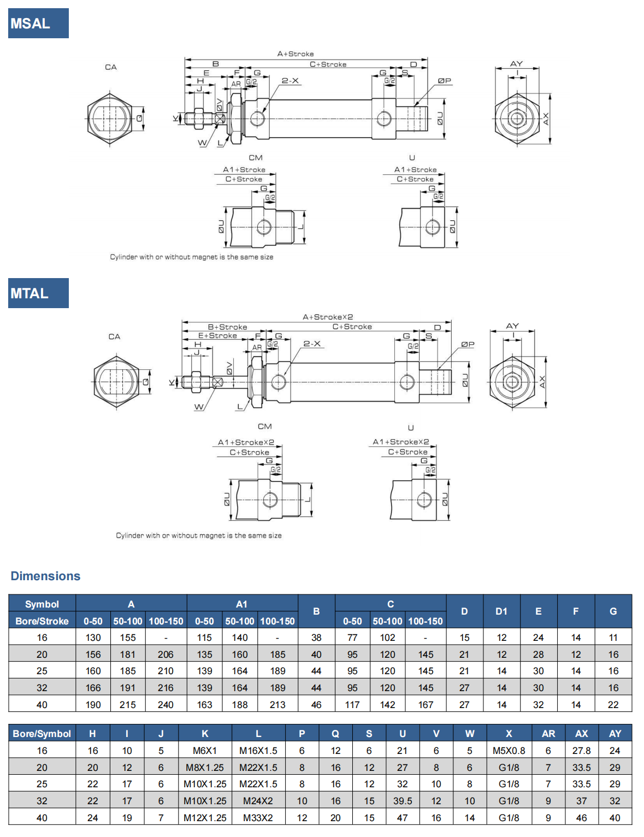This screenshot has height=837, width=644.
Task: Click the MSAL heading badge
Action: click(x=38, y=23)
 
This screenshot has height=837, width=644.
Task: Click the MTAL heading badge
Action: click(x=38, y=293)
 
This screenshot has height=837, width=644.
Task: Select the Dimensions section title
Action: click(x=45, y=576)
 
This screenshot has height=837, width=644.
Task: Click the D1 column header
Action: click(x=501, y=611)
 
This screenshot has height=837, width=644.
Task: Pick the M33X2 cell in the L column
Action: click(x=258, y=818)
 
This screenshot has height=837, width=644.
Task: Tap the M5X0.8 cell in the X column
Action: click(x=509, y=751)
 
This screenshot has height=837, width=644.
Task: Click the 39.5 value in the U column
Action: click(x=403, y=801)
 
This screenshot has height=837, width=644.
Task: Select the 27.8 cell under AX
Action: click(x=581, y=751)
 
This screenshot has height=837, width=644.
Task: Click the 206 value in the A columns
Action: click(x=166, y=655)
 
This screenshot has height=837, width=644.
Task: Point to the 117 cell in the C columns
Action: click(x=352, y=705)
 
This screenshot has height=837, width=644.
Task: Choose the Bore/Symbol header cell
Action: click(x=42, y=734)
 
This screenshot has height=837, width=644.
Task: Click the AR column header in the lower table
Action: click(x=548, y=734)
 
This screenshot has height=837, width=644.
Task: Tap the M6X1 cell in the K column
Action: click(x=205, y=751)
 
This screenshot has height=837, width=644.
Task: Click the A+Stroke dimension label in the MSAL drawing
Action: click(x=296, y=54)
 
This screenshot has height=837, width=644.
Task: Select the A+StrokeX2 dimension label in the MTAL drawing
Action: click(x=328, y=317)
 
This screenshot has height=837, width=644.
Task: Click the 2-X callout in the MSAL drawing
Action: click(x=290, y=81)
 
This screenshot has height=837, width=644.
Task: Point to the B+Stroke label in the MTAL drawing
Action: click(x=227, y=327)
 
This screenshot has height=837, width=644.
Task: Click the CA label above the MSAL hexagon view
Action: click(x=111, y=67)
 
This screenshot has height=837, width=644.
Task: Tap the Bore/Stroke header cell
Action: click(x=42, y=621)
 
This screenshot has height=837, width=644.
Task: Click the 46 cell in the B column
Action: click(x=316, y=705)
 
